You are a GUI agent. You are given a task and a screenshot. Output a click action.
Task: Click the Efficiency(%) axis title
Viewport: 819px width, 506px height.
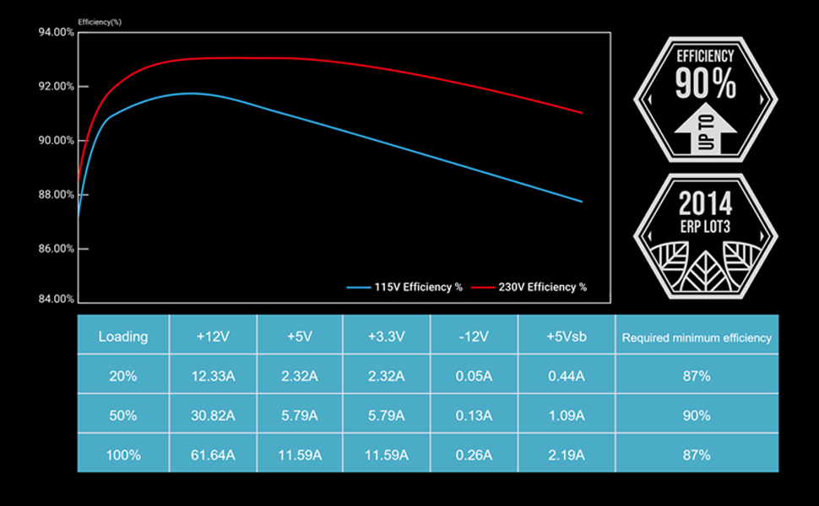100,22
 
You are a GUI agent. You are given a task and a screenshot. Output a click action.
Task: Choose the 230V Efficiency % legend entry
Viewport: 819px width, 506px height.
529,288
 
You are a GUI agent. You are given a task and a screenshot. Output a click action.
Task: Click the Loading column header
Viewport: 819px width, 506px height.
123,336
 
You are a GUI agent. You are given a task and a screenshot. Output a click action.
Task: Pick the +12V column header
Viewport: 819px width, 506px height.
214,336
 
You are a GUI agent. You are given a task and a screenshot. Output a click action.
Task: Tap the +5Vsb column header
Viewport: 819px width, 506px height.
566,336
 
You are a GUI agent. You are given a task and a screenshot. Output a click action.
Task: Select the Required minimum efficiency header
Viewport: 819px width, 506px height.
697,337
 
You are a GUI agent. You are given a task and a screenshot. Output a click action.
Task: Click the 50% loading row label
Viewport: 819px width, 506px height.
123,416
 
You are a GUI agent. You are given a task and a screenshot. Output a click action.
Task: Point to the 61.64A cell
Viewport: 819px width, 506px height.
214,455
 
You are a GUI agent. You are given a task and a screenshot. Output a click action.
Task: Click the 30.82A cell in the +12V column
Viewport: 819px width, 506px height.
214,416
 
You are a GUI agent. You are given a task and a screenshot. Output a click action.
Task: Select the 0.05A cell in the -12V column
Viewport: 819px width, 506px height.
474,376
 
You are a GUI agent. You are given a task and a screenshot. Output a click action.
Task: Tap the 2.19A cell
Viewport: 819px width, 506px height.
566,455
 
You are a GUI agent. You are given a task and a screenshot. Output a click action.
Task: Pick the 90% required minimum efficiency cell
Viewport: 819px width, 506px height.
697,416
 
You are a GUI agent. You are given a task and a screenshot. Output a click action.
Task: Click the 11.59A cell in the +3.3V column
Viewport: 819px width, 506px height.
387,455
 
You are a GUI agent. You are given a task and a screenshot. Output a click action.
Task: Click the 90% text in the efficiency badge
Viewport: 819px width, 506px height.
706,84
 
